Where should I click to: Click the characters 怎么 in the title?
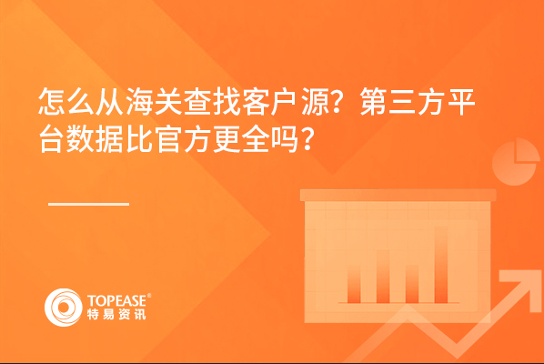click(x=66, y=101)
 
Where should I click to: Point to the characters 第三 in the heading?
click(x=388, y=101)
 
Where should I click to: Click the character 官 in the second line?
click(x=168, y=140)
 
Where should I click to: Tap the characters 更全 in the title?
click(x=241, y=140)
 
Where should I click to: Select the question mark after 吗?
click(x=307, y=140)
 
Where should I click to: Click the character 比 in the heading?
click(x=139, y=140)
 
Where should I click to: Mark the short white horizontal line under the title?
click(x=89, y=204)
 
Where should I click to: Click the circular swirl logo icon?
click(x=63, y=307)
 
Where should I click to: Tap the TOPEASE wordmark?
click(x=117, y=301)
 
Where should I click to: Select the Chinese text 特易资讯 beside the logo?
click(x=116, y=314)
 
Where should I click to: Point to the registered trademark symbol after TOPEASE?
click(x=149, y=296)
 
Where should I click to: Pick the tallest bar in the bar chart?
click(x=441, y=265)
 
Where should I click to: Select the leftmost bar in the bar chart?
click(x=354, y=285)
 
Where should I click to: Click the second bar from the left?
click(x=383, y=277)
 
